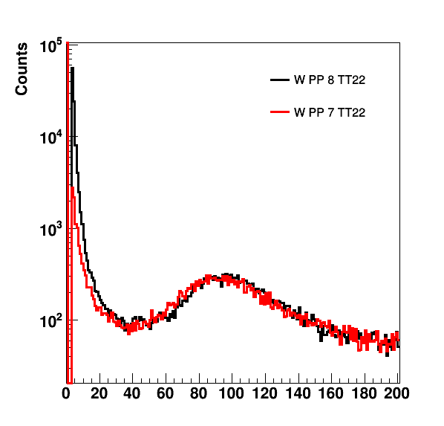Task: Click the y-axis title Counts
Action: click(x=22, y=69)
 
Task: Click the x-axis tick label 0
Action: click(x=66, y=394)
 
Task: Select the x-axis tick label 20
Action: click(x=99, y=394)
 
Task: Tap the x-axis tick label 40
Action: click(x=132, y=394)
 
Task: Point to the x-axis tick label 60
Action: click(x=166, y=394)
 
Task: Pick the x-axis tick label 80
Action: click(x=198, y=394)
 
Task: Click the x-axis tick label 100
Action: click(x=232, y=394)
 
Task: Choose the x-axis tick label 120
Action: click(x=265, y=394)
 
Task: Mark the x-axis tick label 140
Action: click(x=298, y=394)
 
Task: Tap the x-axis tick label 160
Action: click(x=331, y=394)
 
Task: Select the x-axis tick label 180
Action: click(x=364, y=394)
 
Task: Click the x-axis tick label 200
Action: click(x=397, y=394)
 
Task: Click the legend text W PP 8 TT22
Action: click(x=330, y=80)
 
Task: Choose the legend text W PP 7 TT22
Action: click(x=330, y=112)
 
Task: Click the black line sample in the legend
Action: click(x=280, y=80)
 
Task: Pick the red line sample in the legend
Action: click(x=280, y=112)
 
